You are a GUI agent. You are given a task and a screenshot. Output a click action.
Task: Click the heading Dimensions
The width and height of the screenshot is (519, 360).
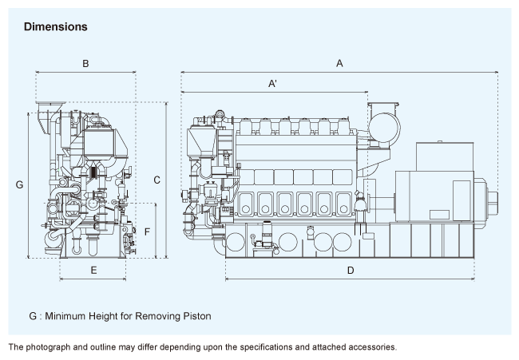[x=55, y=27]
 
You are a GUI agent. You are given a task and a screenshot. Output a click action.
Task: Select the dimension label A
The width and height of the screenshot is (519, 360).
[x=339, y=62]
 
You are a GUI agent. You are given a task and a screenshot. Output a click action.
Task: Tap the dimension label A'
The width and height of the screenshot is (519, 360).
[x=273, y=83]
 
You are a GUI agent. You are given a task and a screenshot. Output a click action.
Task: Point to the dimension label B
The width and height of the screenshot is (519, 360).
[x=85, y=62]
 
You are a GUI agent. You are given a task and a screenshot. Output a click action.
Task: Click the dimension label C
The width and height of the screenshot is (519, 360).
[x=157, y=180]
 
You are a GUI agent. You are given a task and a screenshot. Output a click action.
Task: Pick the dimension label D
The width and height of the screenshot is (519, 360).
[x=350, y=271]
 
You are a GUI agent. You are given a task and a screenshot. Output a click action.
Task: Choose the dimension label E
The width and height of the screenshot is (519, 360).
[x=93, y=271]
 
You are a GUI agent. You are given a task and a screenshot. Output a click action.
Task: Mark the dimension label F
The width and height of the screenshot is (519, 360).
[x=147, y=231]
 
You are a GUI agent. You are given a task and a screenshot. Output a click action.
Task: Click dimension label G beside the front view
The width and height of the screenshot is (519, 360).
[x=19, y=184]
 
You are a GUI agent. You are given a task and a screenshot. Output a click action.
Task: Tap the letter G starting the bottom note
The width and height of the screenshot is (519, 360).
[x=33, y=315]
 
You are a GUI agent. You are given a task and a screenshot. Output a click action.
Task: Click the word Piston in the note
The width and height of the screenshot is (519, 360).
[x=196, y=315]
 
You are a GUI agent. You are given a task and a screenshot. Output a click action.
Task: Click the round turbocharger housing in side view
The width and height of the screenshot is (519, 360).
[x=382, y=128]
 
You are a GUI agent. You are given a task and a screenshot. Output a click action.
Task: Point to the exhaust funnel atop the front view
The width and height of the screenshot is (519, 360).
[x=50, y=108]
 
